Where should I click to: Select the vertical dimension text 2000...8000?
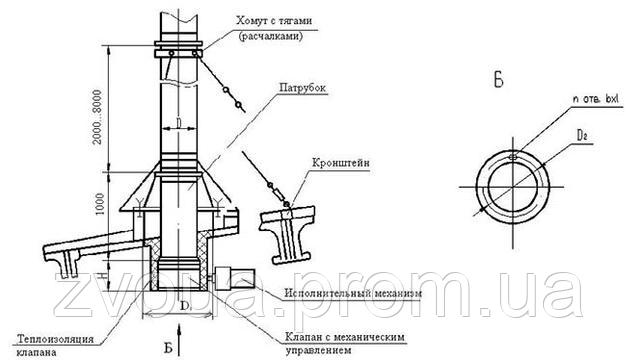point(97,111)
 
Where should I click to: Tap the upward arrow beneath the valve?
point(178,327)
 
